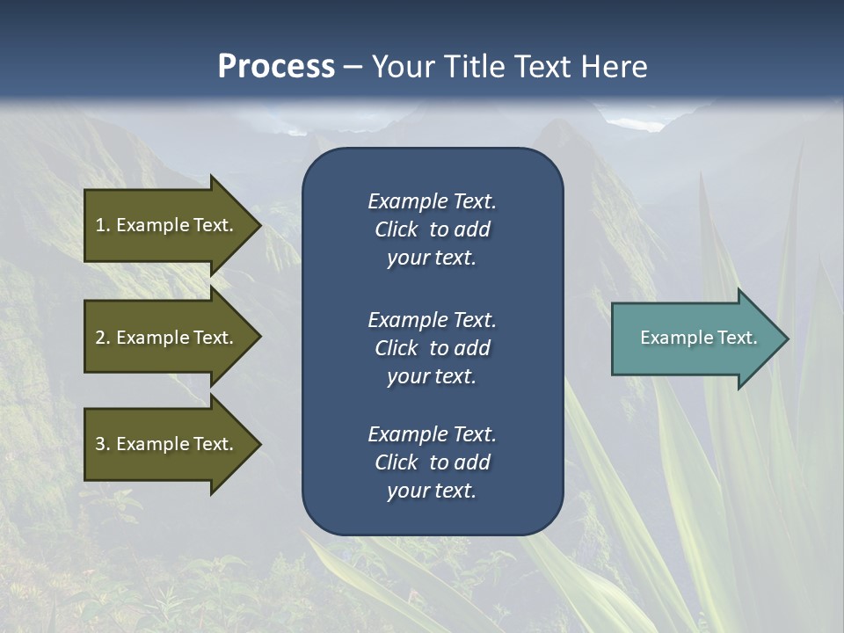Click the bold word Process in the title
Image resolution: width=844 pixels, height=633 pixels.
click(x=276, y=66)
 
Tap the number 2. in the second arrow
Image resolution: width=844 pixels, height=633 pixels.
click(x=103, y=338)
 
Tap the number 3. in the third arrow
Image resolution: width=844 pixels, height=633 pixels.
click(x=103, y=444)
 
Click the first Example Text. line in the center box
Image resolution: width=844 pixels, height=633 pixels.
click(x=432, y=201)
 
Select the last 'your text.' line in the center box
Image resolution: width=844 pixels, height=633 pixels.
click(x=432, y=491)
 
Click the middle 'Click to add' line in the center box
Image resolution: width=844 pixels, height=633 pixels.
click(x=432, y=348)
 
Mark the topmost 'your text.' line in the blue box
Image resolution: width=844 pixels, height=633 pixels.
click(x=432, y=258)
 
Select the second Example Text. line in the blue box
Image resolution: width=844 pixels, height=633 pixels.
click(x=432, y=319)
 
